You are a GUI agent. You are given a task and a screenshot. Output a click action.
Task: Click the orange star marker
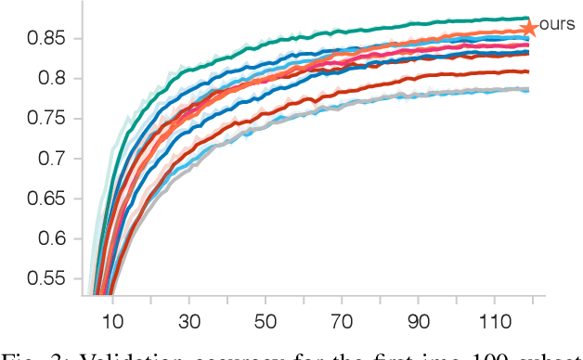[529, 29]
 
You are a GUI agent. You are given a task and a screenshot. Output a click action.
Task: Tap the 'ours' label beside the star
[557, 24]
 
